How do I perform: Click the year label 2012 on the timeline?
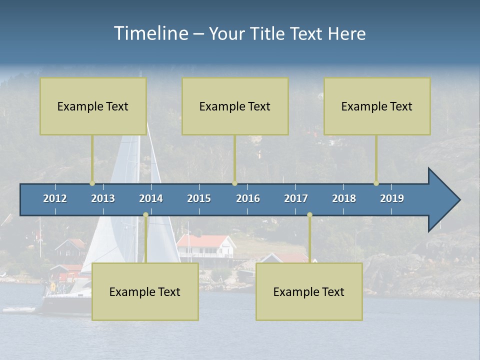point(55,198)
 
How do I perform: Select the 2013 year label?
point(103,198)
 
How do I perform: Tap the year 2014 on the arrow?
point(151,198)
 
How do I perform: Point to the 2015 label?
point(199,198)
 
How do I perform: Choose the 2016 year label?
point(248,198)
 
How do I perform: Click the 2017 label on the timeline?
point(296,198)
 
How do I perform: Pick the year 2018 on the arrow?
point(344,198)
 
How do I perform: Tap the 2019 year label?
point(392,198)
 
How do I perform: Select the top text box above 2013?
point(93,106)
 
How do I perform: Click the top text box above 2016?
point(235,106)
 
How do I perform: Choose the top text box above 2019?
point(377,106)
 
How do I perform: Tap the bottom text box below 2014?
point(145,291)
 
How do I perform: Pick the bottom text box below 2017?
point(309,291)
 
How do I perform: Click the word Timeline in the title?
point(151,33)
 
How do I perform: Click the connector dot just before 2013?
point(92,183)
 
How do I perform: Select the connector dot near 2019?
point(376,183)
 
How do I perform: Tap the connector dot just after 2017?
point(309,215)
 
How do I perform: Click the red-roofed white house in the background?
point(205,245)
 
